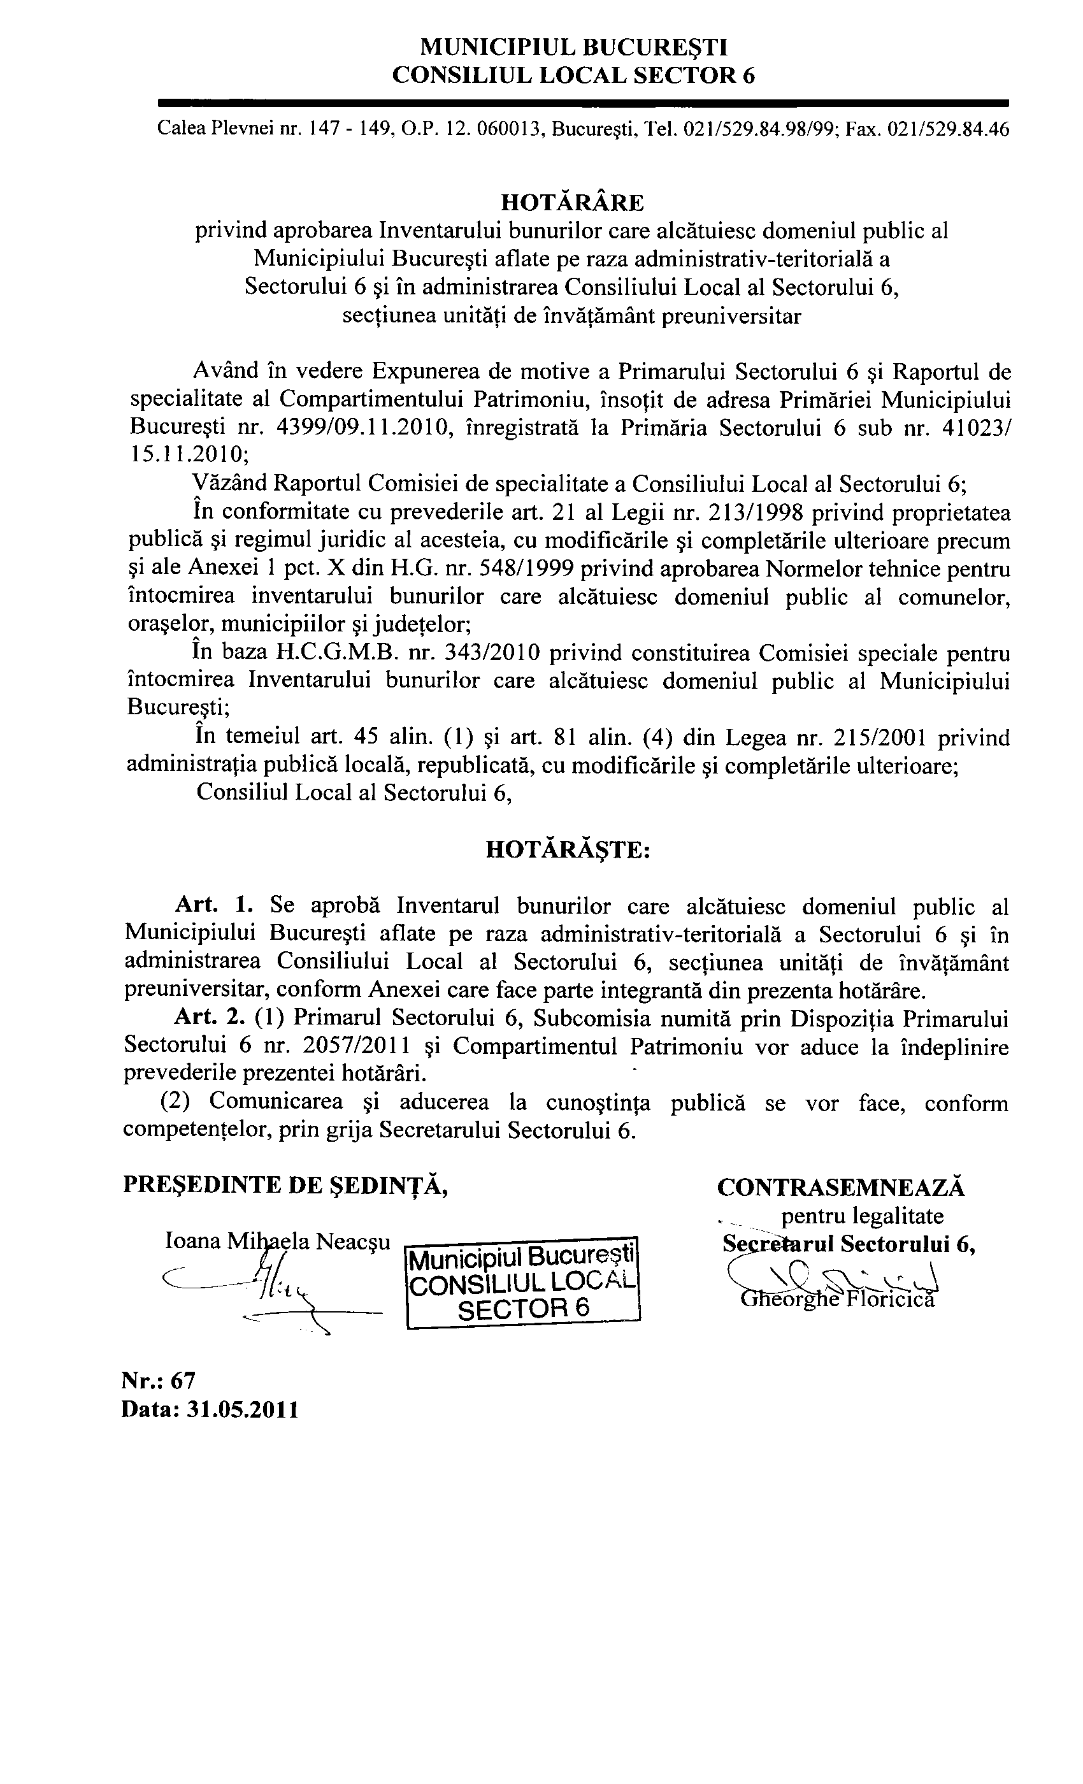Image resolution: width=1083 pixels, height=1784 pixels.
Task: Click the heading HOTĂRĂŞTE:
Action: tap(568, 849)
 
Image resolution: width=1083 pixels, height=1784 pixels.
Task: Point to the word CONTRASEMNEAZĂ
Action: tap(841, 1188)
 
